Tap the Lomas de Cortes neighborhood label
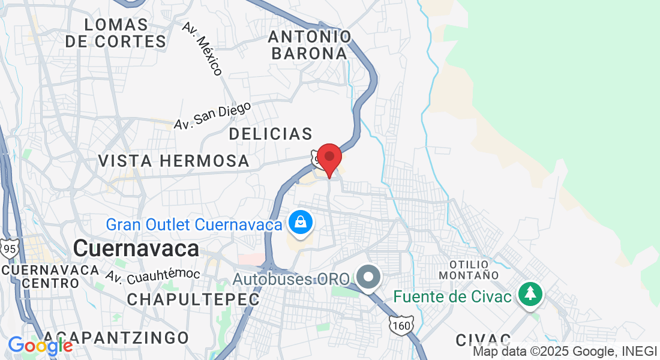(116, 33)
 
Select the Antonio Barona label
(309, 45)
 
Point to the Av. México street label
(203, 49)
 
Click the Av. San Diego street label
(212, 116)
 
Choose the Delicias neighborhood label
(271, 134)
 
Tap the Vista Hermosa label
(173, 161)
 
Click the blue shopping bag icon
(299, 223)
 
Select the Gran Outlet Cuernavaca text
(194, 225)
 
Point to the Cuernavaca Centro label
(50, 276)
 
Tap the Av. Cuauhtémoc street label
(152, 275)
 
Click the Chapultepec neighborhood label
(193, 299)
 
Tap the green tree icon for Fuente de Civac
(530, 293)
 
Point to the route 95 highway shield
(9, 248)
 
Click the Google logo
(40, 346)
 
